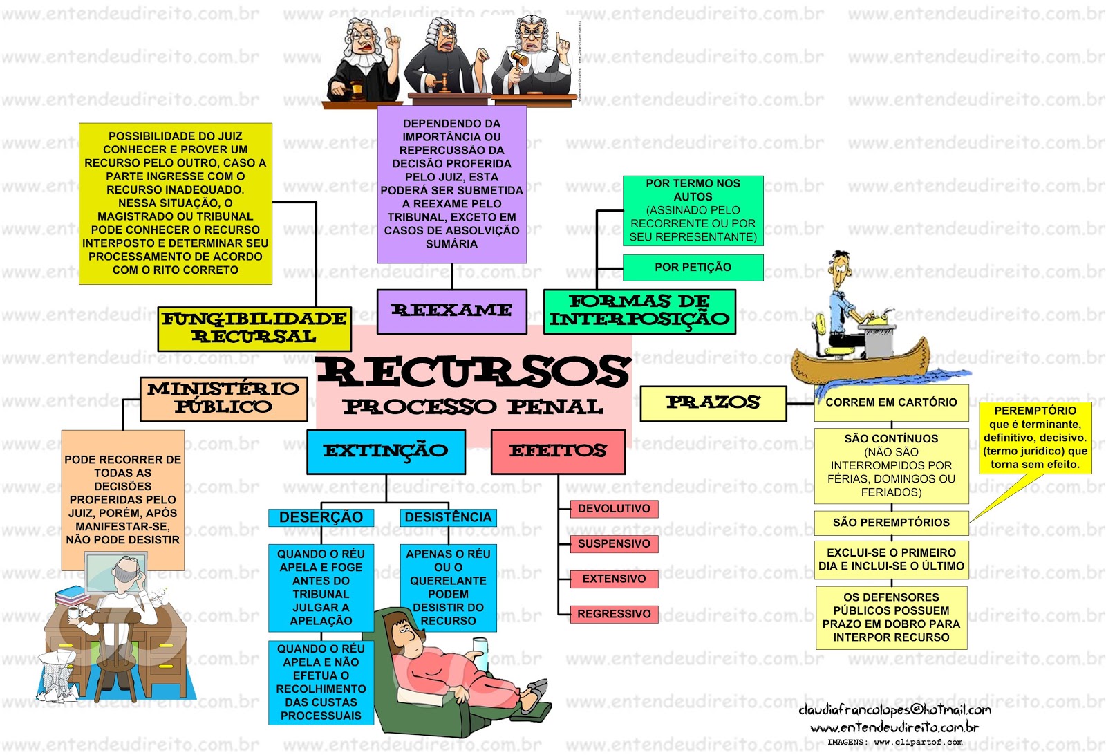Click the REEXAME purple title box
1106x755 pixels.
click(x=451, y=310)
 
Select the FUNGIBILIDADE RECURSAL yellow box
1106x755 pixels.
click(x=254, y=328)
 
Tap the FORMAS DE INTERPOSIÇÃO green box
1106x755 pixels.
click(x=639, y=310)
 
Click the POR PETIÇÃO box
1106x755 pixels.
click(x=693, y=268)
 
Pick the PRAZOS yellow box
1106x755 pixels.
click(x=713, y=403)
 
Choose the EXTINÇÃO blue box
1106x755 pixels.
click(x=386, y=451)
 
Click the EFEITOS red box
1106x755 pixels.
click(x=558, y=451)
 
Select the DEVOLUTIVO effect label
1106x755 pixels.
click(x=614, y=509)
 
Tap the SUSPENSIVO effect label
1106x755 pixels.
click(x=614, y=544)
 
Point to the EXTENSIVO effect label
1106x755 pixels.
click(x=614, y=579)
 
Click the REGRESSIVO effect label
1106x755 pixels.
click(x=614, y=614)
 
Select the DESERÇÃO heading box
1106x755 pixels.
click(x=321, y=517)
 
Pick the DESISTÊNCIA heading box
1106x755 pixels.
click(x=448, y=517)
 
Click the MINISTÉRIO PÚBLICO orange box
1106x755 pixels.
click(x=223, y=399)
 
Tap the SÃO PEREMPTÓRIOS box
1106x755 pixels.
click(x=891, y=523)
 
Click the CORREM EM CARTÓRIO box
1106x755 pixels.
click(x=891, y=402)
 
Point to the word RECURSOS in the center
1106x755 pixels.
click(x=474, y=371)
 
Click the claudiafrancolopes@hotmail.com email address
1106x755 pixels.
click(x=894, y=709)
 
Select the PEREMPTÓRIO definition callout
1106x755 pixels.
click(x=1035, y=438)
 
